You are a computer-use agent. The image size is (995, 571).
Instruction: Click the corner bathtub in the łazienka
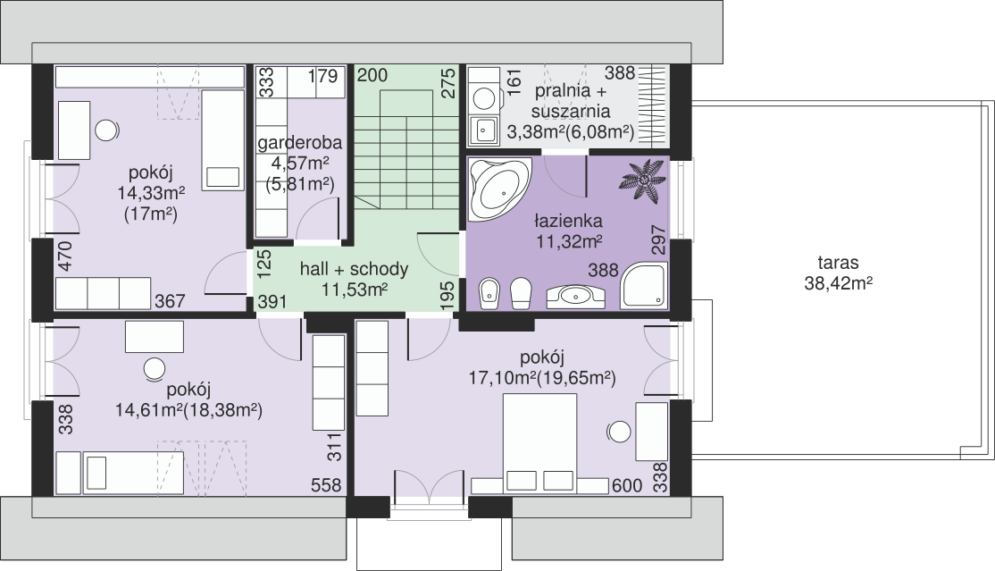pos(498,189)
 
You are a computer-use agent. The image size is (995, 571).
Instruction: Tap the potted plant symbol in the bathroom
pos(643,181)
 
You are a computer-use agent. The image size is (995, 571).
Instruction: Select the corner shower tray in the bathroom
pos(643,287)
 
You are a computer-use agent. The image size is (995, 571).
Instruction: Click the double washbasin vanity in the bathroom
pos(575,296)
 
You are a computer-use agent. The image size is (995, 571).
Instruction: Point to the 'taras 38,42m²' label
pos(838,273)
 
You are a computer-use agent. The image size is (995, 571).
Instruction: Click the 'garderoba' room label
pos(299,142)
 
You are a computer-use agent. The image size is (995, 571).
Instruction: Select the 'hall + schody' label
pos(354,269)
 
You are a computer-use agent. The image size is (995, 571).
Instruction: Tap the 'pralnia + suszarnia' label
pos(571,101)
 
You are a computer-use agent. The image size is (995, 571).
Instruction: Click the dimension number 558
pos(326,485)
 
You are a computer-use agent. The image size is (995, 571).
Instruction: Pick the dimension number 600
pos(628,486)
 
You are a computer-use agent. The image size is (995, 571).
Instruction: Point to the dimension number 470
pos(66,256)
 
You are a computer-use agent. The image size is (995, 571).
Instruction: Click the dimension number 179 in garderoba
pos(323,76)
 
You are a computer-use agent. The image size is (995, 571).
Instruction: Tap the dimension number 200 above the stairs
pos(372,75)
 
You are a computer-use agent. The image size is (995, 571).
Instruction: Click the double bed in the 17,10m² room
pos(540,443)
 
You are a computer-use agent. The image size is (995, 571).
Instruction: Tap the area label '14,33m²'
pos(151,193)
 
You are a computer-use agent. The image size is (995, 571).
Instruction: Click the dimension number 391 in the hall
pos(272,301)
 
